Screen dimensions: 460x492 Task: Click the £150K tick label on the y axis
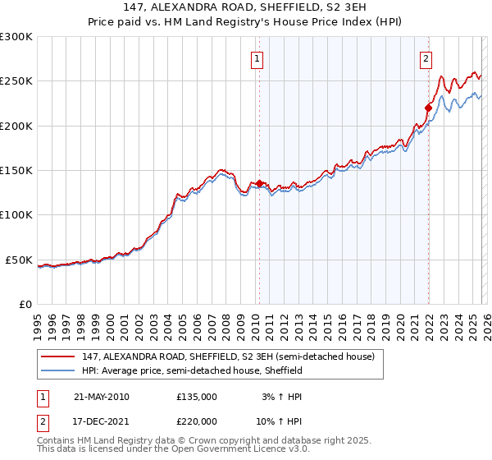click(x=16, y=171)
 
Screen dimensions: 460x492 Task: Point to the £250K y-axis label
click(x=16, y=81)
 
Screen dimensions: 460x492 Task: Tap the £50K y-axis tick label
click(x=19, y=260)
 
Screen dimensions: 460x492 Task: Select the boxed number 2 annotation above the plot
click(x=427, y=58)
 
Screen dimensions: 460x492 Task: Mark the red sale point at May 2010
click(x=260, y=184)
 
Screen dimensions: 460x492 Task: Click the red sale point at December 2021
click(x=428, y=108)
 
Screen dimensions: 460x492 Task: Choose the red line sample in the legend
click(x=58, y=356)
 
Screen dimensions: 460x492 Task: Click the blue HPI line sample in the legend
click(x=58, y=370)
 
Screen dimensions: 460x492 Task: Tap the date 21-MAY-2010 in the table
click(x=101, y=396)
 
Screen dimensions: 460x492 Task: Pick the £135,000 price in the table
click(x=197, y=396)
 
